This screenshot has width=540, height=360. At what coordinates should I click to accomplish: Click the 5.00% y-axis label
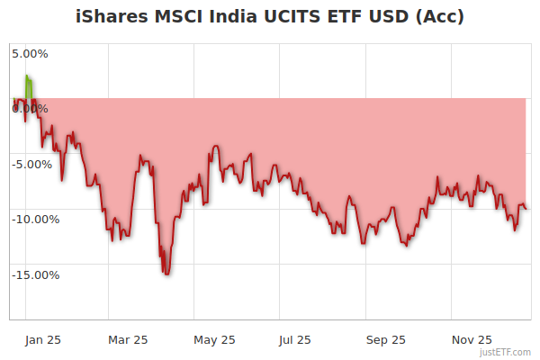pyautogui.click(x=30, y=53)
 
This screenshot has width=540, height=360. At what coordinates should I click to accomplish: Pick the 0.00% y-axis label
pyautogui.click(x=30, y=109)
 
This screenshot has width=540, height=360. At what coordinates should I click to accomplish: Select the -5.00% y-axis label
pyautogui.click(x=34, y=165)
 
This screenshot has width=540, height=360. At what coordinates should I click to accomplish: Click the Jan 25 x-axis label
pyautogui.click(x=42, y=340)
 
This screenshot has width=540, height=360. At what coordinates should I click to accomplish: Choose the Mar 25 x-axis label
pyautogui.click(x=128, y=340)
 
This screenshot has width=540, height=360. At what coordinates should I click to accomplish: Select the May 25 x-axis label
pyautogui.click(x=214, y=340)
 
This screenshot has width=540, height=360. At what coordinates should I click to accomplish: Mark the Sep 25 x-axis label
pyautogui.click(x=385, y=340)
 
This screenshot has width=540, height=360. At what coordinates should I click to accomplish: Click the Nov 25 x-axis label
pyautogui.click(x=472, y=340)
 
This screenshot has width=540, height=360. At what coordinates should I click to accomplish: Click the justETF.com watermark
pyautogui.click(x=504, y=352)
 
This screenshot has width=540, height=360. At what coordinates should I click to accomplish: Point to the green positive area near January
pyautogui.click(x=29, y=88)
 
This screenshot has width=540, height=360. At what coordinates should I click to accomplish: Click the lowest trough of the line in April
pyautogui.click(x=166, y=274)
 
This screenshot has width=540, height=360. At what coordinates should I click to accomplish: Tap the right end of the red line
pyautogui.click(x=526, y=208)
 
